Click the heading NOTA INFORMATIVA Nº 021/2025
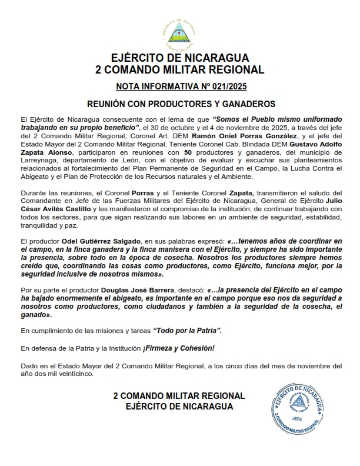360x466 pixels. [x=180, y=86]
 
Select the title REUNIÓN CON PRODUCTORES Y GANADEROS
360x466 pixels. [x=180, y=104]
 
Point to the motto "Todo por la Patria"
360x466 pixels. [x=187, y=331]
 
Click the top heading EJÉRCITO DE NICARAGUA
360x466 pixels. [x=180, y=58]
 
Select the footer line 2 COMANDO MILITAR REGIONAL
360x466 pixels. [x=179, y=396]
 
